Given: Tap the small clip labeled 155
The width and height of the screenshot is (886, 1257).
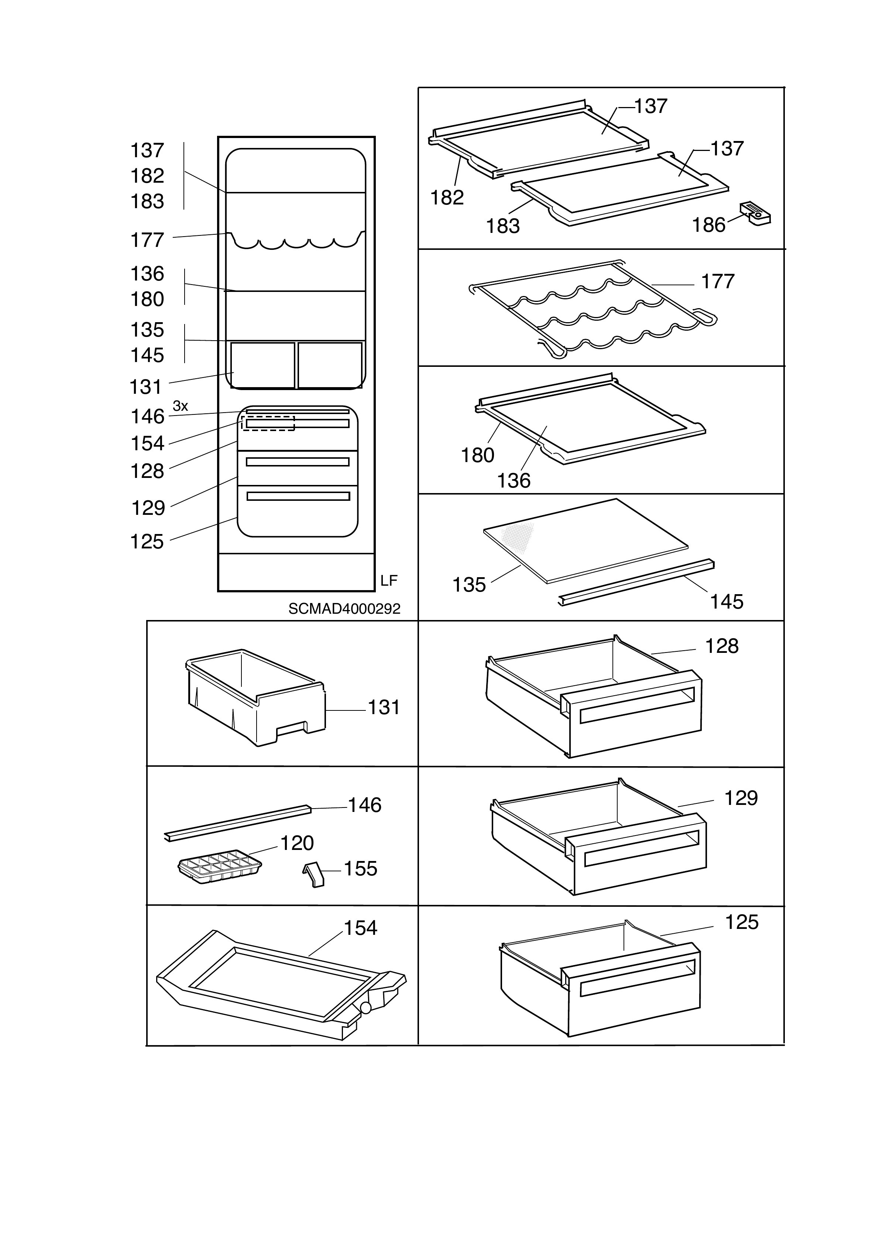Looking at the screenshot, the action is click(314, 874).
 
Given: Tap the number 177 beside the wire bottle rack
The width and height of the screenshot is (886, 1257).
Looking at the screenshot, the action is click(718, 281).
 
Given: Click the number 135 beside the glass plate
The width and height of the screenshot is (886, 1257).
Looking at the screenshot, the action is click(469, 585).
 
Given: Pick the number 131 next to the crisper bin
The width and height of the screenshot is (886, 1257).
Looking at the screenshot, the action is click(384, 707).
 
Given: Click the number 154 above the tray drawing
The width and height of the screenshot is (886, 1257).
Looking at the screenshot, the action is click(360, 928).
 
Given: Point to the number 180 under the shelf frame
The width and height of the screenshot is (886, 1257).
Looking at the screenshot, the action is click(477, 455).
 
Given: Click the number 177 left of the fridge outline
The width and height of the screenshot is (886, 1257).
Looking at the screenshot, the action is click(147, 240).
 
